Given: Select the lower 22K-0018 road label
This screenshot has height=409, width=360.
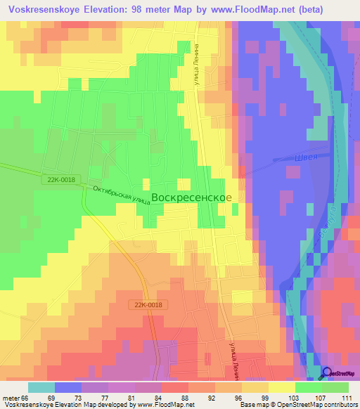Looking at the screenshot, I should pos(146,304).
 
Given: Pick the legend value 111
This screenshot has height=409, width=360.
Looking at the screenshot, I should pos(345,396).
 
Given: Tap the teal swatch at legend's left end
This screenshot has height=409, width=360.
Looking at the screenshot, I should pos(41,387).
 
